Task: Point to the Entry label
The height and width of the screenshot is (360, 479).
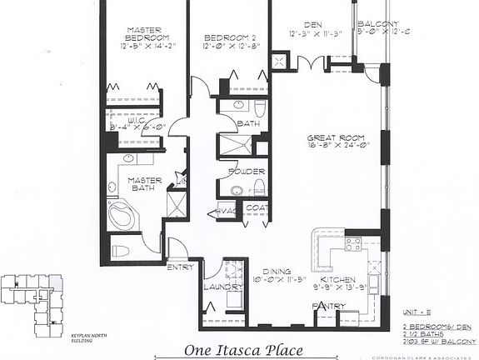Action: tap(181, 267)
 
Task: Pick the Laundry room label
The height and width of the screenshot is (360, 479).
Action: tap(217, 287)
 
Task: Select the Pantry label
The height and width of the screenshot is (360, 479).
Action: tap(329, 306)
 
